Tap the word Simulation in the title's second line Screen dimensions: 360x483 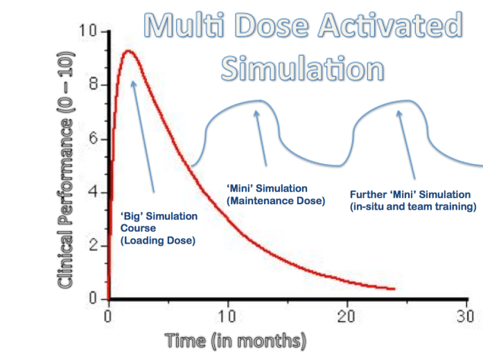302,68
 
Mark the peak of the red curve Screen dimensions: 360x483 128,51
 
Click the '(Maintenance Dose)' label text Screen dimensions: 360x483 275,201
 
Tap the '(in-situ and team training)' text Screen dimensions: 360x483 412,206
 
